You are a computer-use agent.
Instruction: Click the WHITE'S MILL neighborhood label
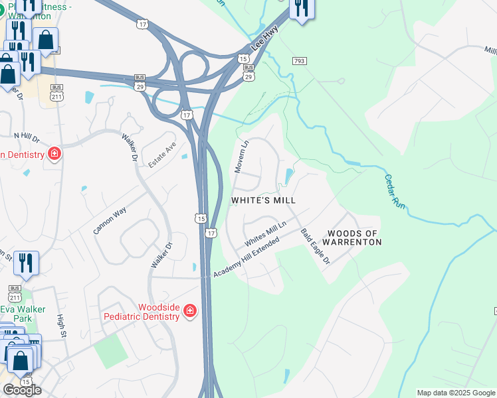pyautogui.click(x=263, y=200)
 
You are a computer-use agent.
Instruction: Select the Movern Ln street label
pyautogui.click(x=241, y=157)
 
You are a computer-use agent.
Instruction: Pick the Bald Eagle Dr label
pyautogui.click(x=316, y=247)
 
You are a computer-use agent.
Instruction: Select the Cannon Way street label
pyautogui.click(x=110, y=220)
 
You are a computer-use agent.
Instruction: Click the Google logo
pyautogui.click(x=22, y=389)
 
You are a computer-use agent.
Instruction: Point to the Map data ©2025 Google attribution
pyautogui.click(x=456, y=393)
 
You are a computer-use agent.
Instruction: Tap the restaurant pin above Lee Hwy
pyautogui.click(x=302, y=8)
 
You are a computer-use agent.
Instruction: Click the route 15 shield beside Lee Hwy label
pyautogui.click(x=244, y=59)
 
